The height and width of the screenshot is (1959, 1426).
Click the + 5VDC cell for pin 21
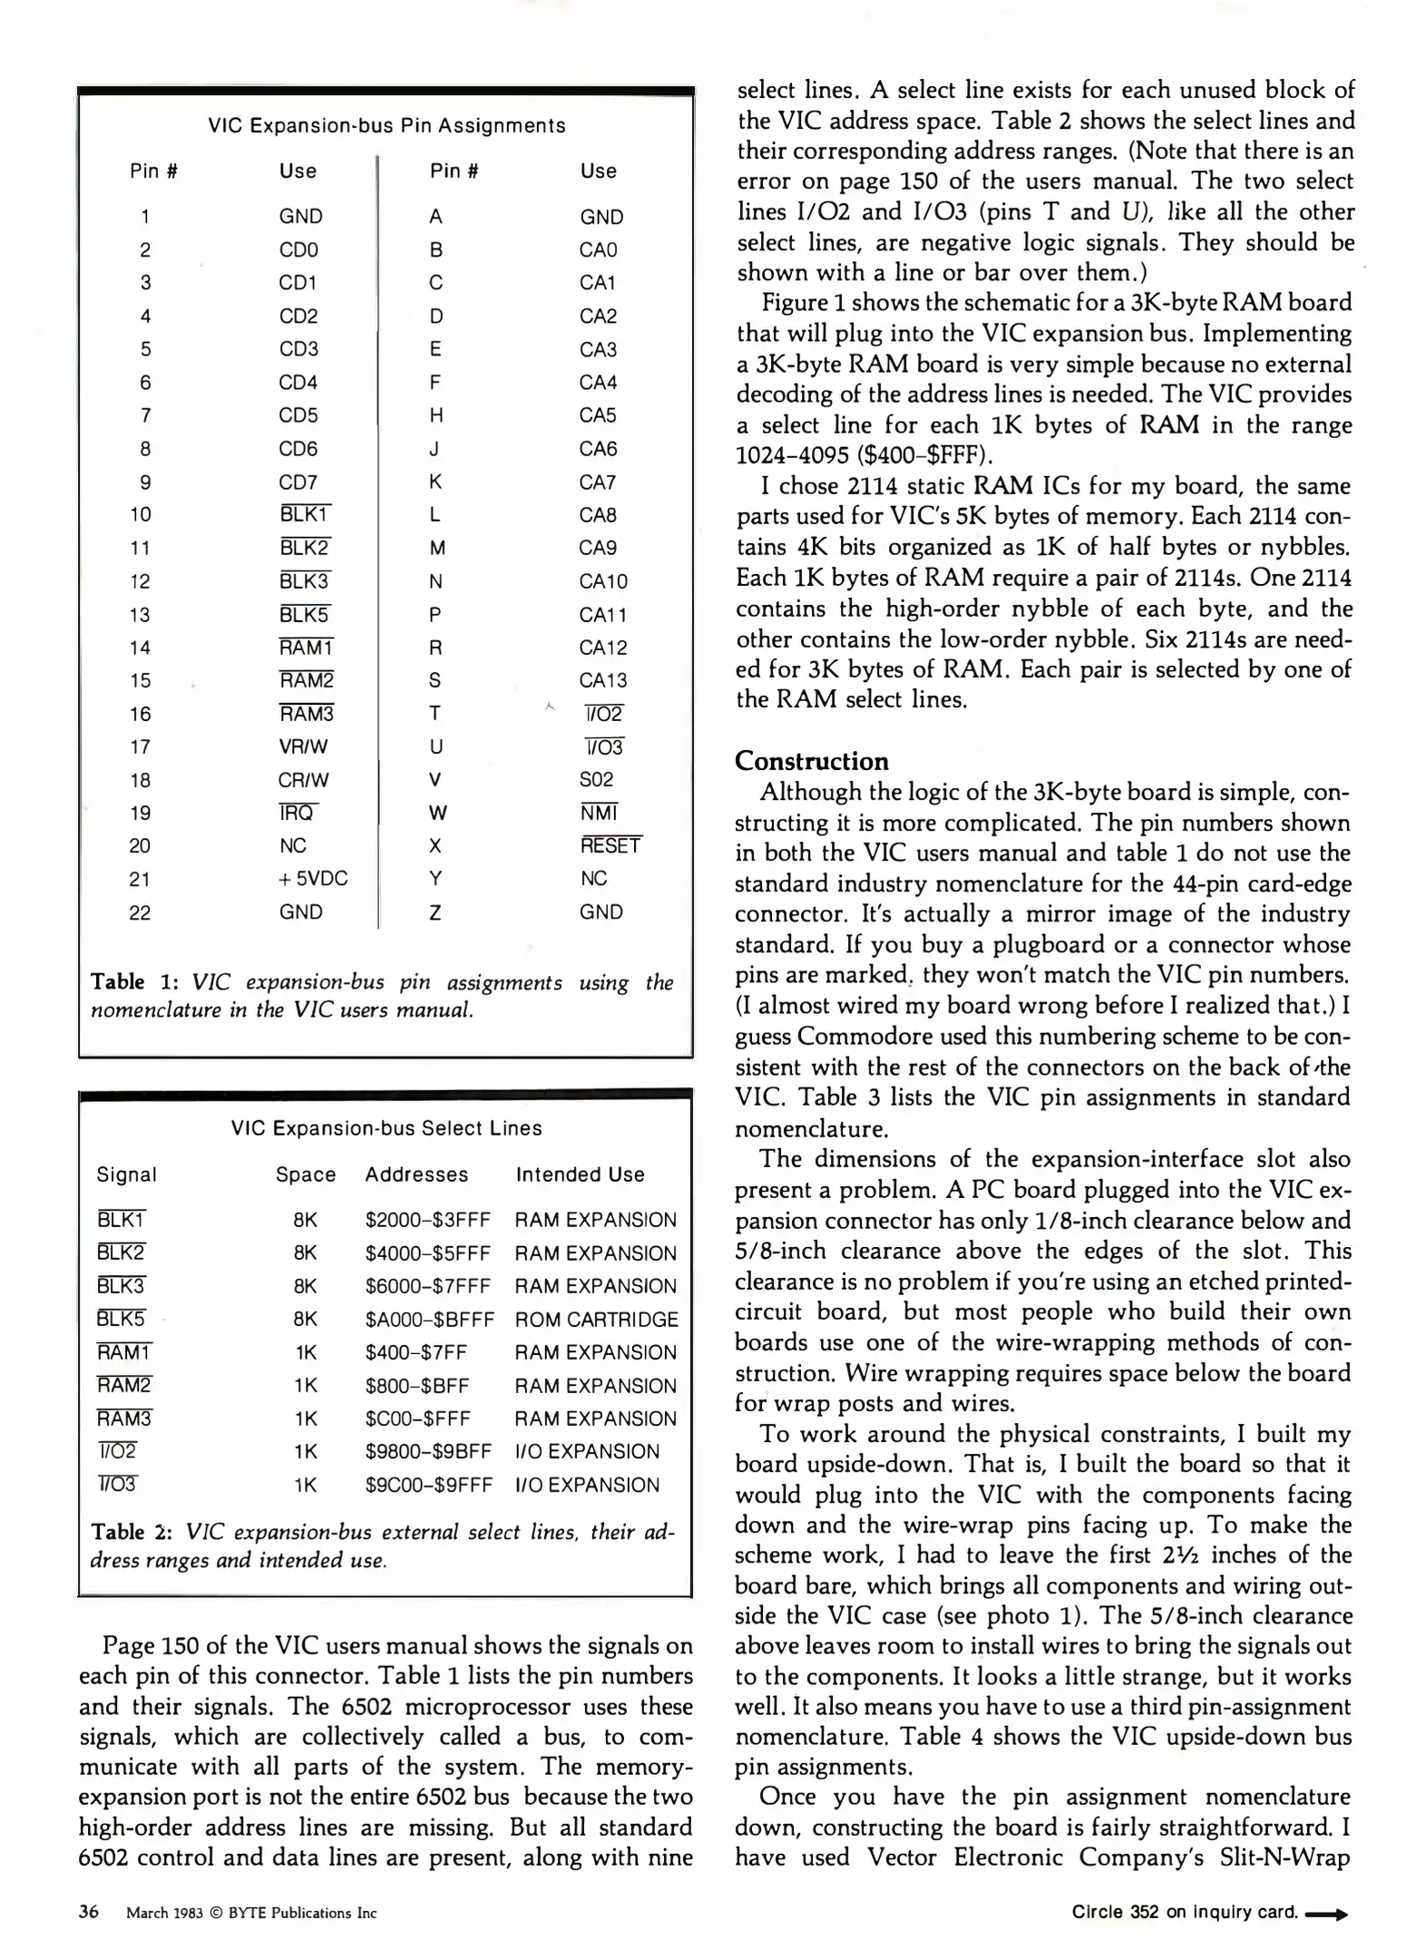tap(313, 879)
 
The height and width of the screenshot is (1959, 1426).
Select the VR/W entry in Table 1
tap(303, 746)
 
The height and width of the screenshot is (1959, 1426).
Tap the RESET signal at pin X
tap(610, 845)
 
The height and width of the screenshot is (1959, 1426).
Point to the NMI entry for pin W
tap(599, 813)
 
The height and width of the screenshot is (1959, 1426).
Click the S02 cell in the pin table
tap(596, 779)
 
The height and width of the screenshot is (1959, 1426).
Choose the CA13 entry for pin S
tap(602, 680)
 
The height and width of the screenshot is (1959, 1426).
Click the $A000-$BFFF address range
tap(429, 1320)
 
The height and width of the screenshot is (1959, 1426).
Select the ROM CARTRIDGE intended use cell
tap(596, 1320)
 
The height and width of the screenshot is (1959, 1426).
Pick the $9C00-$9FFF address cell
tap(428, 1485)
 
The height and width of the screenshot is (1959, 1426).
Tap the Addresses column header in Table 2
tap(416, 1174)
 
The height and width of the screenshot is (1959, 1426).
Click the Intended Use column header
tap(580, 1174)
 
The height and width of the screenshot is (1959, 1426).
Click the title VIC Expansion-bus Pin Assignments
tap(386, 126)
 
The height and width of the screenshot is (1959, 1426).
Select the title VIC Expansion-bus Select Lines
tap(386, 1128)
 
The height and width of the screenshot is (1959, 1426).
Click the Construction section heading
tap(811, 761)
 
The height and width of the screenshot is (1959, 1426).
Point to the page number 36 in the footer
tap(89, 1912)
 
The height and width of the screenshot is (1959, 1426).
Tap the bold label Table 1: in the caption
tap(134, 982)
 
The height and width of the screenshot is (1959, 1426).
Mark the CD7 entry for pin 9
tap(298, 482)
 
